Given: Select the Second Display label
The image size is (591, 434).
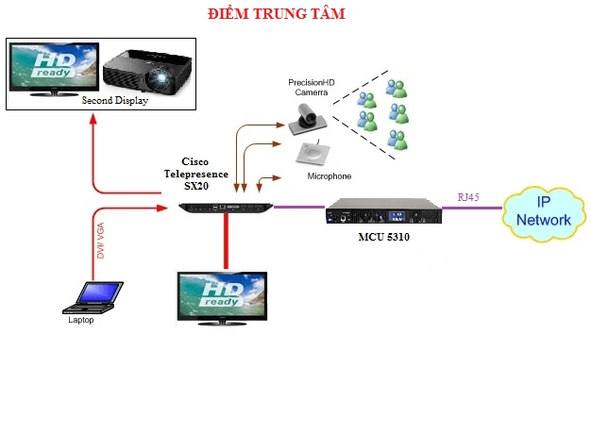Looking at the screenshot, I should point(116,99).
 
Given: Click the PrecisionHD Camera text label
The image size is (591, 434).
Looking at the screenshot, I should point(312,89).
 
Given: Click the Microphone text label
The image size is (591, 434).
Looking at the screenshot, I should point(329,177).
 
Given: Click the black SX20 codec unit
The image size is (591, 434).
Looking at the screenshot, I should point(228,206).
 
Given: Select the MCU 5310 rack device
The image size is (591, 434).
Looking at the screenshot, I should point(383,213).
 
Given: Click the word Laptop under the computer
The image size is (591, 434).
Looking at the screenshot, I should point(81,320).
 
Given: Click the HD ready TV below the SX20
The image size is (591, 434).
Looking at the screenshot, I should point(224,296).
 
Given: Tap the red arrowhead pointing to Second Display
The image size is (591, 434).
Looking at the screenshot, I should point(93,119).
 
